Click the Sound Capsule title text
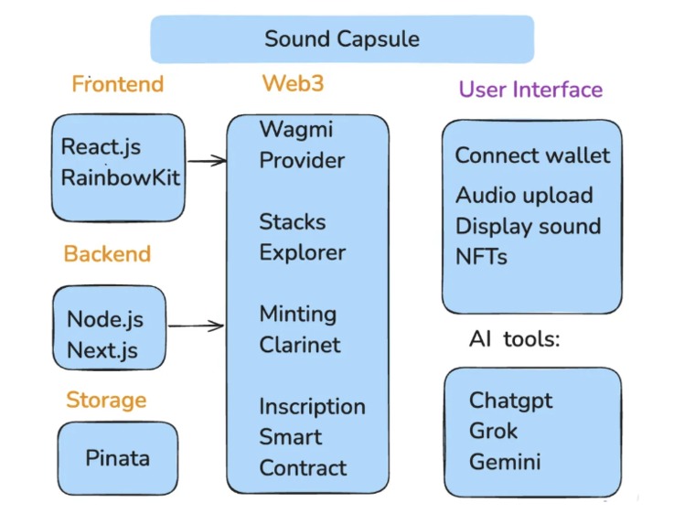pyautogui.click(x=342, y=38)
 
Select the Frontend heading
pyautogui.click(x=118, y=84)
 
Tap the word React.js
pyautogui.click(x=101, y=146)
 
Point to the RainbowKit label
pyautogui.click(x=120, y=177)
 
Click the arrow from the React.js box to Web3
pyautogui.click(x=206, y=161)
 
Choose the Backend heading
pyautogui.click(x=107, y=253)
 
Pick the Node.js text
pyautogui.click(x=105, y=320)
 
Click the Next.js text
pyautogui.click(x=103, y=350)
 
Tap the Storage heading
pyautogui.click(x=106, y=400)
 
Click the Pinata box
pyautogui.click(x=117, y=457)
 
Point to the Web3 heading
pyautogui.click(x=293, y=83)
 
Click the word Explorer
pyautogui.click(x=302, y=252)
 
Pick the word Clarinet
pyautogui.click(x=300, y=345)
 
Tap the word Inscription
pyautogui.click(x=312, y=406)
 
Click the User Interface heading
pyautogui.click(x=530, y=90)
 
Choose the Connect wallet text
pyautogui.click(x=532, y=155)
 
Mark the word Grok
pyautogui.click(x=493, y=431)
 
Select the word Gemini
pyautogui.click(x=505, y=462)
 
